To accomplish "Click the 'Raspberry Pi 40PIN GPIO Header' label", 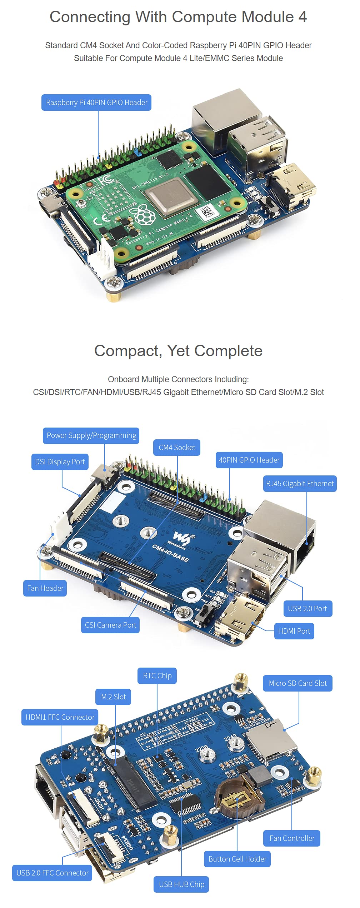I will coord(96,103).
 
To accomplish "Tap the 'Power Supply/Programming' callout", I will coord(91,435).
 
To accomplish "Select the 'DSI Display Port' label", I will coord(60,462).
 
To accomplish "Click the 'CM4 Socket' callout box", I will coord(177,448).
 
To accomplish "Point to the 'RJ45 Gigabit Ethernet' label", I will coord(300,484).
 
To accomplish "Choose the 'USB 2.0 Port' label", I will coord(307,609).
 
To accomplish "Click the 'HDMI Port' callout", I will coord(294,631).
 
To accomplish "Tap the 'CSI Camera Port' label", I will coord(110,625).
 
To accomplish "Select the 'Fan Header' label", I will coord(45,588).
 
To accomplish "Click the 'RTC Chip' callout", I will coord(157,676).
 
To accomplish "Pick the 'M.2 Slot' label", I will coord(113,697).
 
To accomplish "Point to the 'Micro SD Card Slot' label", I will coord(297,683).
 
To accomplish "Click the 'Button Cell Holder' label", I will coord(237,859).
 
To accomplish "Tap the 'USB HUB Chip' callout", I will coord(181,884).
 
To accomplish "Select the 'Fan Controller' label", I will coord(292,838).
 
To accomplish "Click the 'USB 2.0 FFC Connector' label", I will coord(52,873).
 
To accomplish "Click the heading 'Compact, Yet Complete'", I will coord(178,351).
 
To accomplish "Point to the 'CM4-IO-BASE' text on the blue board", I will coord(170,553).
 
